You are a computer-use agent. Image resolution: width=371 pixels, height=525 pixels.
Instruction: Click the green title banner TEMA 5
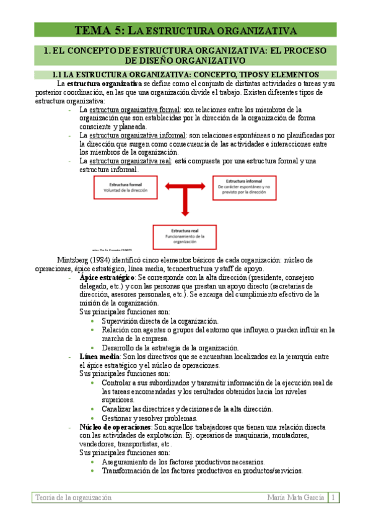click(185, 30)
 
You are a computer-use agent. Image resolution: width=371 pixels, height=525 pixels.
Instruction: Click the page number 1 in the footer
click(333, 497)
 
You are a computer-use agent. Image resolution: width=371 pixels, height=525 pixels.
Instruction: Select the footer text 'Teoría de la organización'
click(74, 497)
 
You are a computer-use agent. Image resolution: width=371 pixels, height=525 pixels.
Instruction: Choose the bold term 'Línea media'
click(100, 357)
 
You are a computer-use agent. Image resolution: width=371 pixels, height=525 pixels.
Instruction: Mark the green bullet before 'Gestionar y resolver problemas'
click(93, 418)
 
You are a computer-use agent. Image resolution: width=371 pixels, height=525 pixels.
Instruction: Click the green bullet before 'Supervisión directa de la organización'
click(93, 321)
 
